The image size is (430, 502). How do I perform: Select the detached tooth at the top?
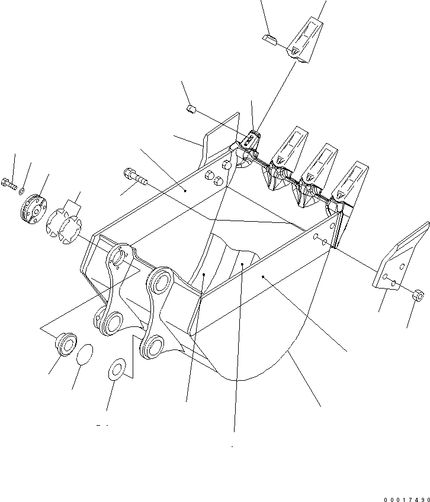[x=306, y=39]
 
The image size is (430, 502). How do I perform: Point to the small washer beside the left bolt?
[x=22, y=190]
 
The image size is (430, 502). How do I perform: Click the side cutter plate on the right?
[x=402, y=258]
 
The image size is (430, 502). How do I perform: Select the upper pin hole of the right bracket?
[x=161, y=281]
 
